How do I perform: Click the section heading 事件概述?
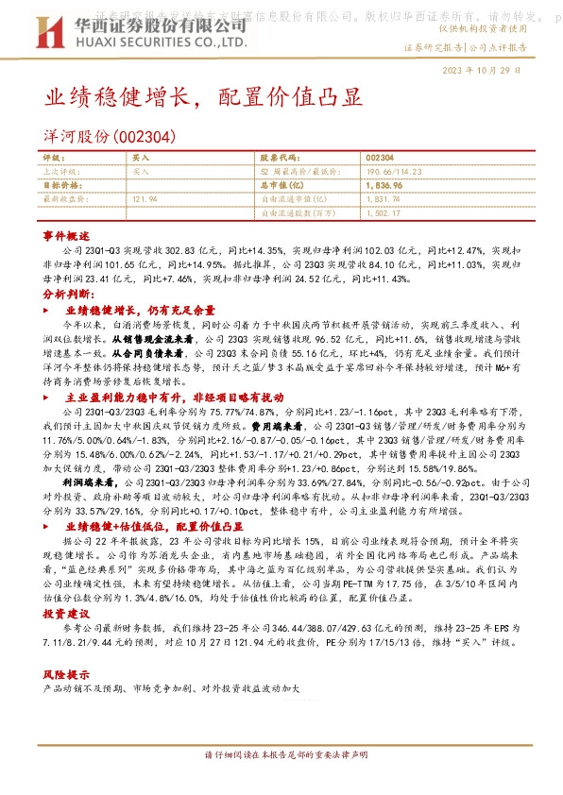tap(66, 235)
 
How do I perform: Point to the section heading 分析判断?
tap(66, 295)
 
